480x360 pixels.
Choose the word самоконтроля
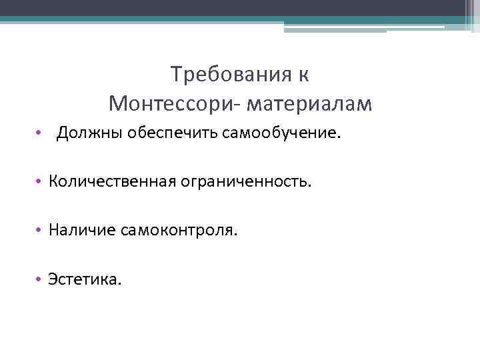[x=178, y=231]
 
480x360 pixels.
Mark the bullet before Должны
[x=40, y=135]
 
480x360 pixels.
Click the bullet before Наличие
[x=40, y=231]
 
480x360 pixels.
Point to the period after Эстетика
[x=120, y=283]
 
